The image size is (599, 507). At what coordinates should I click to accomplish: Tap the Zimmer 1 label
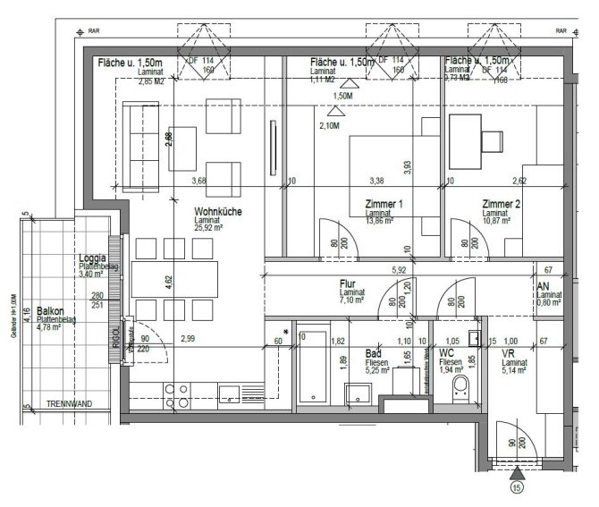384,205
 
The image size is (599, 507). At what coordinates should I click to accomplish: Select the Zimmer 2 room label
501,205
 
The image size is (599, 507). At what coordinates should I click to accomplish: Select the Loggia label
94,258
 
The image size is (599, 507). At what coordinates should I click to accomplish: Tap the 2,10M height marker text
329,126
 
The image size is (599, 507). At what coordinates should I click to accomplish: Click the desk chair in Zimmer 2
493,141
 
